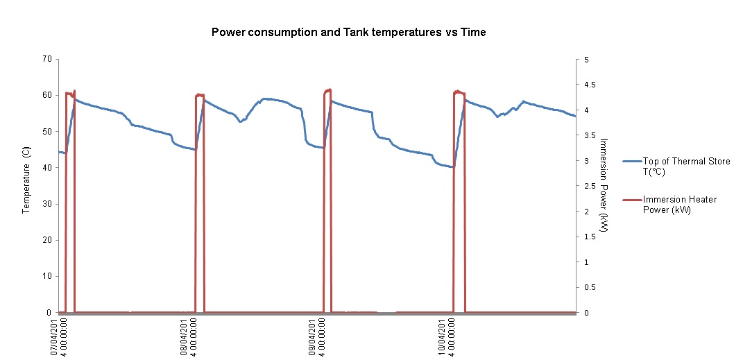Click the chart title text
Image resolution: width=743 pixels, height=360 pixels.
pyautogui.click(x=348, y=33)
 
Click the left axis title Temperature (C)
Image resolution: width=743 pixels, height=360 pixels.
pyautogui.click(x=26, y=180)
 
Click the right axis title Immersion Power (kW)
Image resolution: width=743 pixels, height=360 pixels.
pyautogui.click(x=604, y=185)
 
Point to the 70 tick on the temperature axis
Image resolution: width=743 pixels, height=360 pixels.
pyautogui.click(x=47, y=59)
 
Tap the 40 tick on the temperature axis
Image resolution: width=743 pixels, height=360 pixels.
pyautogui.click(x=47, y=168)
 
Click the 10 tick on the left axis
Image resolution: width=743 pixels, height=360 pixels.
pyautogui.click(x=47, y=276)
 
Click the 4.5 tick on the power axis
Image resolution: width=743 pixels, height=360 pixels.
pyautogui.click(x=588, y=85)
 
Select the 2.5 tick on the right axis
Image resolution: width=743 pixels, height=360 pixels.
pyautogui.click(x=588, y=186)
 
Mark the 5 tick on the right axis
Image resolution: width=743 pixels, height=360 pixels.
pyautogui.click(x=586, y=59)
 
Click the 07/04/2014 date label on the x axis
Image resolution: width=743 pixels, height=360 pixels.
pyautogui.click(x=58, y=337)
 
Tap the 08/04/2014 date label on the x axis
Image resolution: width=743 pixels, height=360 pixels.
pyautogui.click(x=188, y=337)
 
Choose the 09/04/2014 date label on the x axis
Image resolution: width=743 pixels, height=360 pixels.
pyautogui.click(x=317, y=337)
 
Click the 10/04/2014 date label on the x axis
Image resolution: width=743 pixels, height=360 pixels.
pyautogui.click(x=446, y=337)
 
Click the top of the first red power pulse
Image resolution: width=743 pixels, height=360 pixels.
pyautogui.click(x=69, y=93)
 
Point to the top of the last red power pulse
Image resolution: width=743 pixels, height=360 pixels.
pyautogui.click(x=459, y=92)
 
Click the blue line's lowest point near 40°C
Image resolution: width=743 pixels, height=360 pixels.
pyautogui.click(x=452, y=166)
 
